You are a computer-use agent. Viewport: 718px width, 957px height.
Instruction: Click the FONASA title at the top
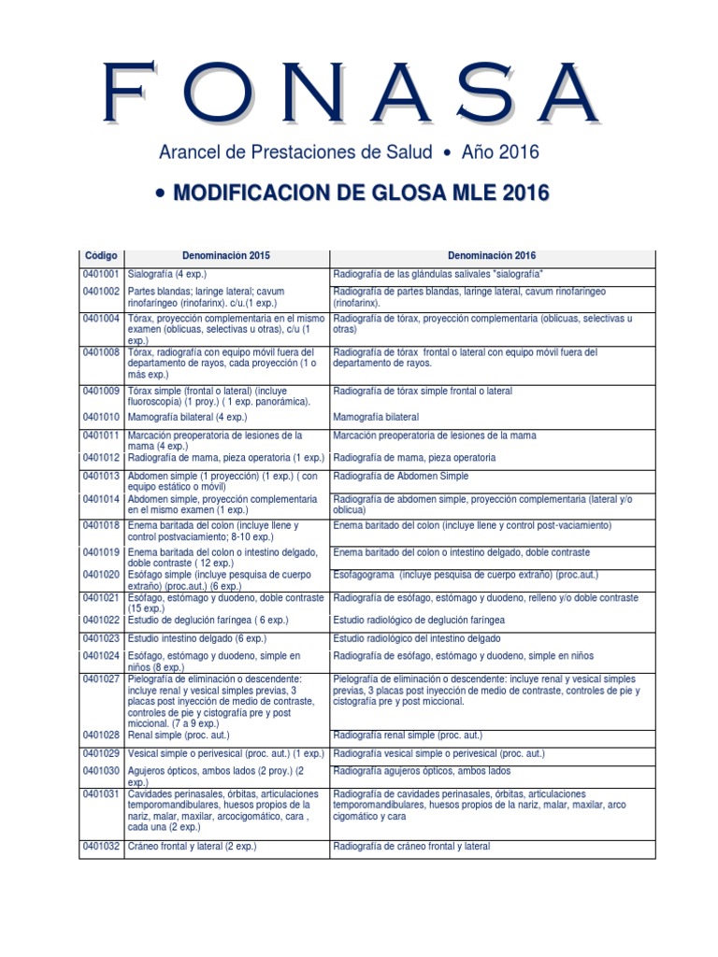350,93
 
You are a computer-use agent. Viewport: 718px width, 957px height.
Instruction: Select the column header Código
100,255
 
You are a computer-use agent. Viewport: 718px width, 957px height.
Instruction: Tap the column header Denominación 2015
227,255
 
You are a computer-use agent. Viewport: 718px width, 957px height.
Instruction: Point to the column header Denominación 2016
492,255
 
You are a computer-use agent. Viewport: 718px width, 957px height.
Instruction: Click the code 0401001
101,274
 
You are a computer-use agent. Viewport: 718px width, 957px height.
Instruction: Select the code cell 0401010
101,416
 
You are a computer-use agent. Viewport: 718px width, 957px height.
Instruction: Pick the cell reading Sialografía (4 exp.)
167,274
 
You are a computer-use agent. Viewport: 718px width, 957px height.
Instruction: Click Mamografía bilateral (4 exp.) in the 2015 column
185,416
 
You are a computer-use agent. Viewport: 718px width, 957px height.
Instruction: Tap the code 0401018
101,525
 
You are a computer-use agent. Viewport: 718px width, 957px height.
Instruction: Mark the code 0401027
101,678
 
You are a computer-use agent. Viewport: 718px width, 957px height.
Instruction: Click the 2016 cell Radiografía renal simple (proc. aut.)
416,735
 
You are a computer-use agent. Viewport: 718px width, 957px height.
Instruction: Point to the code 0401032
101,847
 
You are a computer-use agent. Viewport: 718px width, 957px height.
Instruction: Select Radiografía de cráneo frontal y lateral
411,847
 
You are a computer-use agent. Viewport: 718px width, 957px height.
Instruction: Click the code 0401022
101,620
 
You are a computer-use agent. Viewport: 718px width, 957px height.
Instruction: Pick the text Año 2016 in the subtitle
500,151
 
